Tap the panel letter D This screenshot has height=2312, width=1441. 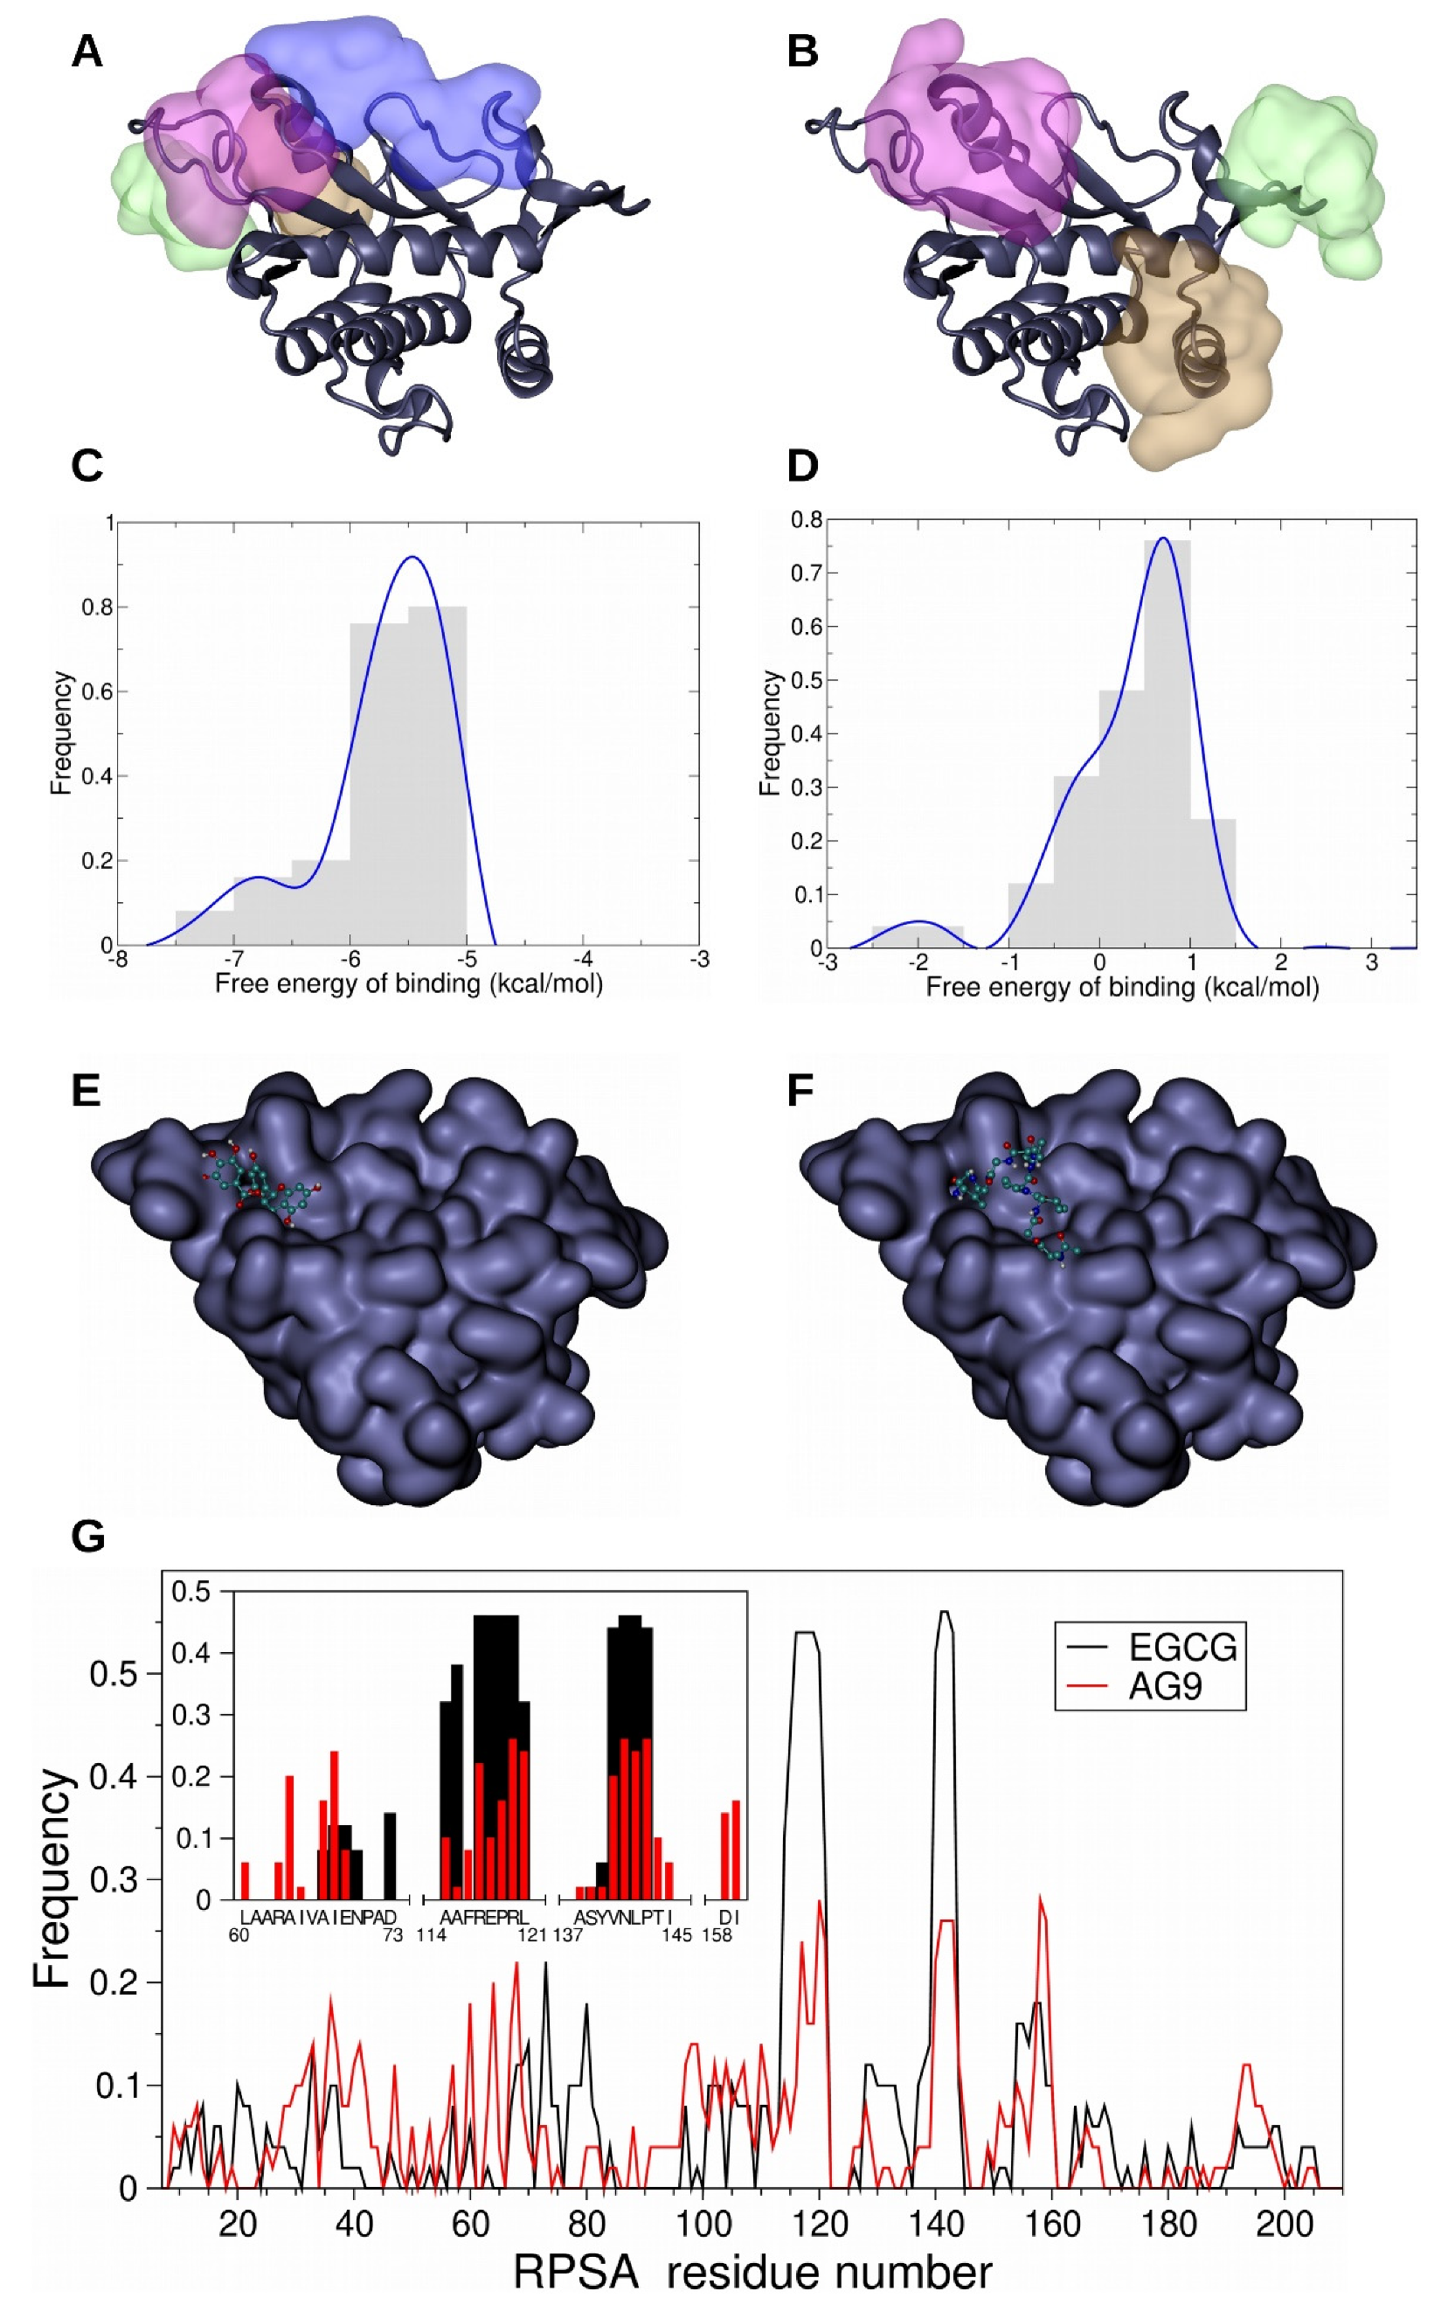coord(803,466)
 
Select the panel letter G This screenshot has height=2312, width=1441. coord(87,1538)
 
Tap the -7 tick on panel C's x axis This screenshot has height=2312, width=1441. coord(233,958)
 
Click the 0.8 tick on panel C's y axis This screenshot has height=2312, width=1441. coord(97,608)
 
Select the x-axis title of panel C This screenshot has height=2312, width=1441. coord(409,983)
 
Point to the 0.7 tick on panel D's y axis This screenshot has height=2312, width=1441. coord(807,573)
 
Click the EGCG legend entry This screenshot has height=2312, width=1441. coord(1181,1646)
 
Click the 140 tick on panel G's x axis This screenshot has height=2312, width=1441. coord(936,2224)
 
